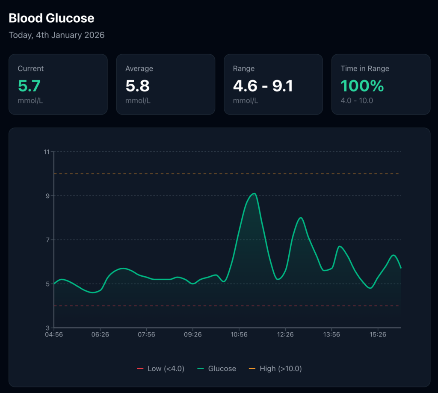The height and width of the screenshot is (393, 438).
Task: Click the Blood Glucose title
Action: pyautogui.click(x=51, y=18)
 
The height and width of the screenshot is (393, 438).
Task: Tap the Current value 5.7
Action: pyautogui.click(x=29, y=86)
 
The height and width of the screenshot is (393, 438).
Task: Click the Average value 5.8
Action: pyautogui.click(x=137, y=86)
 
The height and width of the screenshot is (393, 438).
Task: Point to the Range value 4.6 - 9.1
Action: pyautogui.click(x=263, y=86)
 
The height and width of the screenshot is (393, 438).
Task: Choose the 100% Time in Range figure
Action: pyautogui.click(x=362, y=86)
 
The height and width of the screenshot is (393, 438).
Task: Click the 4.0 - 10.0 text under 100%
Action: pyautogui.click(x=357, y=100)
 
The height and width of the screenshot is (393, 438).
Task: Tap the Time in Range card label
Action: pyautogui.click(x=365, y=68)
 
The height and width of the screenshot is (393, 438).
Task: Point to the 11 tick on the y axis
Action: pyautogui.click(x=46, y=152)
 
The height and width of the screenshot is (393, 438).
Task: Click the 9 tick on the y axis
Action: pyautogui.click(x=47, y=196)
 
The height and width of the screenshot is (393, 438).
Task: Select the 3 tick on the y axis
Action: pyautogui.click(x=47, y=328)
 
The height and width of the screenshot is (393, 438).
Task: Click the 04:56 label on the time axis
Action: pyautogui.click(x=54, y=334)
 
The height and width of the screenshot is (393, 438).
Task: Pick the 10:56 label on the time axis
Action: pyautogui.click(x=239, y=334)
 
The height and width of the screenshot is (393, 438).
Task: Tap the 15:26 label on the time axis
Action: pyautogui.click(x=378, y=334)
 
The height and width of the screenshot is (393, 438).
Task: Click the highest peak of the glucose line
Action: pyautogui.click(x=255, y=194)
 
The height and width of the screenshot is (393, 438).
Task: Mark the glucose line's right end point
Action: pyautogui.click(x=401, y=268)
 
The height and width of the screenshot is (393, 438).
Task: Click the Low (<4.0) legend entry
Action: pyautogui.click(x=160, y=369)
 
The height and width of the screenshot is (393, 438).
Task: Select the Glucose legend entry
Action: pyautogui.click(x=217, y=369)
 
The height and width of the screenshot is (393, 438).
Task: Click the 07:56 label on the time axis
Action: pyautogui.click(x=146, y=334)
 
